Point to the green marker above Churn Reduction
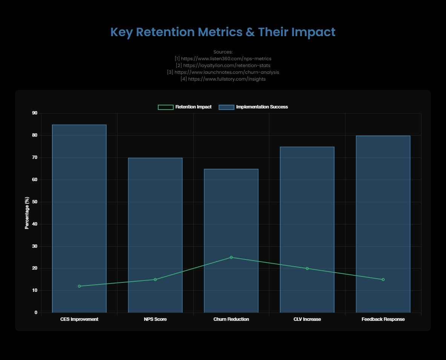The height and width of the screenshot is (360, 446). pyautogui.click(x=231, y=258)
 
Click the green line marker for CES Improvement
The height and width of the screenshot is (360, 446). pyautogui.click(x=79, y=286)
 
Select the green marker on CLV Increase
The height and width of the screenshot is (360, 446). pyautogui.click(x=307, y=268)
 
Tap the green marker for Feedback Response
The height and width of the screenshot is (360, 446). pyautogui.click(x=383, y=279)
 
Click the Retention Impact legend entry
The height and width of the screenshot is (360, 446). pyautogui.click(x=185, y=107)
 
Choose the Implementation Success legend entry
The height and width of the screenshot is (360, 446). pyautogui.click(x=253, y=107)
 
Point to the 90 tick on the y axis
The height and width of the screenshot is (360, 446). pyautogui.click(x=35, y=113)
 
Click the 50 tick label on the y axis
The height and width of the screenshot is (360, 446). pyautogui.click(x=35, y=202)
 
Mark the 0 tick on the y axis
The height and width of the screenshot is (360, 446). pyautogui.click(x=36, y=313)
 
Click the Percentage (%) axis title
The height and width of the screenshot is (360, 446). pyautogui.click(x=27, y=213)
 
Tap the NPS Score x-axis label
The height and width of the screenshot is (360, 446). pyautogui.click(x=155, y=319)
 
